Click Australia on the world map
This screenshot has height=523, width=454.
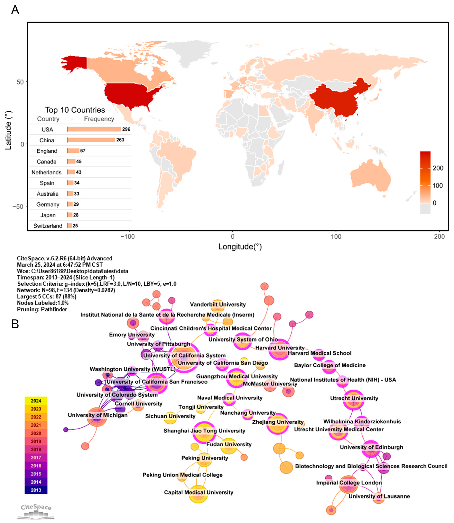370,177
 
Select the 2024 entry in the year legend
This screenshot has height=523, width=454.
36,401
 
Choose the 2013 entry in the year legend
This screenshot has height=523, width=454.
36,490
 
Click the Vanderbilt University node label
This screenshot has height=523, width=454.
218,304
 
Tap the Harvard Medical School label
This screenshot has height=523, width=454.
320,353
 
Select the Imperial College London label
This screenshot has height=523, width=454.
349,483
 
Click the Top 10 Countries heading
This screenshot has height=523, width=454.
75,110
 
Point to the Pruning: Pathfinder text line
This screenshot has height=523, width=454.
42,309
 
